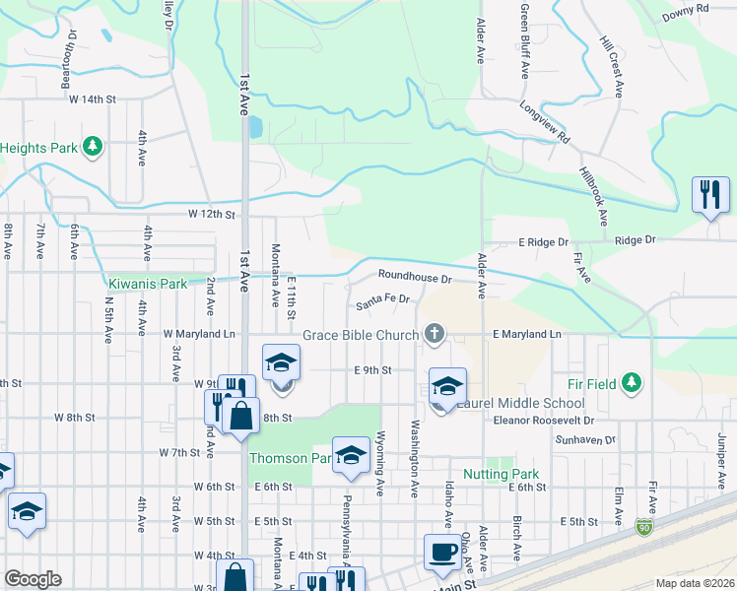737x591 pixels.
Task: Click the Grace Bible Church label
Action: click(x=361, y=335)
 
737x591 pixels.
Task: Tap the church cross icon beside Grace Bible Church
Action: click(x=433, y=334)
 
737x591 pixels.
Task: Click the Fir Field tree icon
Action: click(x=632, y=383)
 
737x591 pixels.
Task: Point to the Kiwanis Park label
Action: click(x=148, y=284)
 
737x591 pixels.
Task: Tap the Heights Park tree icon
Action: click(x=93, y=148)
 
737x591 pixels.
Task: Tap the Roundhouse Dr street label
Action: click(x=414, y=278)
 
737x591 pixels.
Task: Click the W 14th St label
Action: click(x=92, y=99)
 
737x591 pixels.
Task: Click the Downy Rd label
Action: click(x=686, y=10)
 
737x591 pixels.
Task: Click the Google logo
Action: click(x=33, y=579)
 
